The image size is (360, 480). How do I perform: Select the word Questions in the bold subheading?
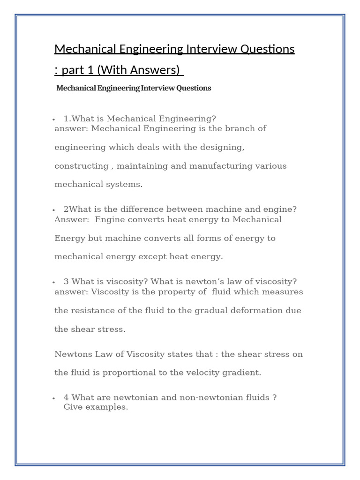click(194, 88)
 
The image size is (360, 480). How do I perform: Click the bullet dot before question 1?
click(55, 120)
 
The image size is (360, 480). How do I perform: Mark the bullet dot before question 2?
click(55, 210)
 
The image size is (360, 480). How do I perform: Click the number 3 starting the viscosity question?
click(66, 281)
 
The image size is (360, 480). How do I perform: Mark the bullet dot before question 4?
click(55, 398)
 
